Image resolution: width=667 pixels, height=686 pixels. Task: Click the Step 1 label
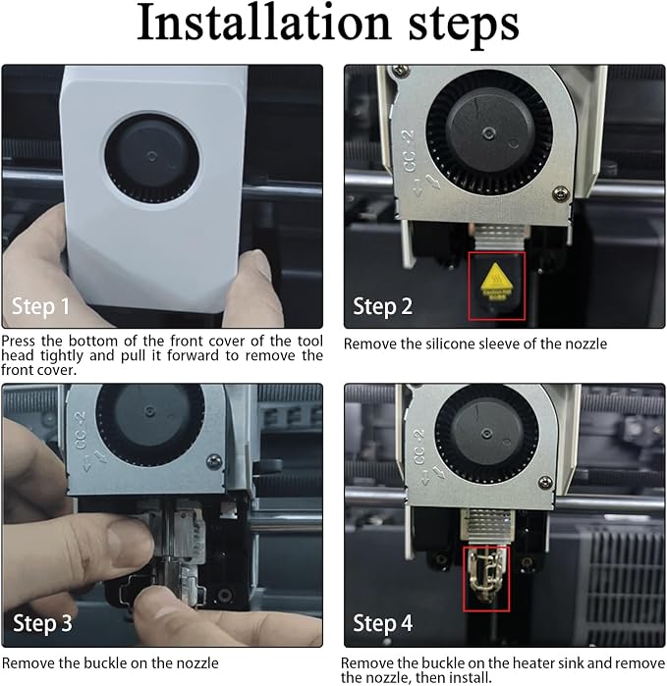pos(40,306)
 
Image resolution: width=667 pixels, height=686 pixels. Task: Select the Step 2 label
pos(382,306)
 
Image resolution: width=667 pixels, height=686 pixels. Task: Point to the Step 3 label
pos(42,623)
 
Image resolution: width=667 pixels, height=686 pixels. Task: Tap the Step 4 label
pos(382,623)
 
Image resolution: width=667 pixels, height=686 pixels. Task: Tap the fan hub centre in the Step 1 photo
pos(151,156)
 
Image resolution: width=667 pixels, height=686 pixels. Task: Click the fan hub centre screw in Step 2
pos(488,132)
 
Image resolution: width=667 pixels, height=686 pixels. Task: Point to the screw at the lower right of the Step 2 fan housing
pos(561,193)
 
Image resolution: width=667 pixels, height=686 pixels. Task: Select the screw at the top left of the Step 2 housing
pos(400,70)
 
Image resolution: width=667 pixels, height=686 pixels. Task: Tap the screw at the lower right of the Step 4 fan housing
pos(546,483)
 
